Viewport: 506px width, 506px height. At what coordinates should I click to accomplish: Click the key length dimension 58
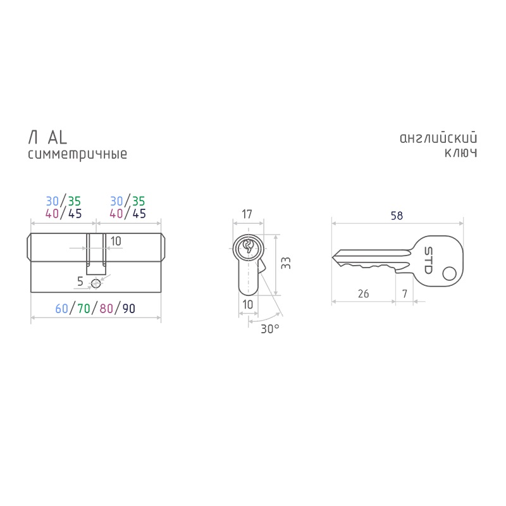(397, 216)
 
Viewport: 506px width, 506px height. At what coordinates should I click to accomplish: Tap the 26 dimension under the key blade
(363, 293)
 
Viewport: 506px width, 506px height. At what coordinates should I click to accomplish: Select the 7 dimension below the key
(405, 293)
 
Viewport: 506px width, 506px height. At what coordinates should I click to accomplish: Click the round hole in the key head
(449, 274)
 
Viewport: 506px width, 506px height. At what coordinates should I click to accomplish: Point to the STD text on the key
(428, 260)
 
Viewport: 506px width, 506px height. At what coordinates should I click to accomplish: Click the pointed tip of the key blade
(332, 257)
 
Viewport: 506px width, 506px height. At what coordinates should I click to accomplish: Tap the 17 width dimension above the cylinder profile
(247, 214)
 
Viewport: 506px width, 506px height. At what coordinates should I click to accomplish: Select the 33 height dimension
(286, 263)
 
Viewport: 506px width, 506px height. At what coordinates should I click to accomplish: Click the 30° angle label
(270, 329)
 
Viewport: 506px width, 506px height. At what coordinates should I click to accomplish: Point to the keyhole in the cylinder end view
(248, 247)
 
